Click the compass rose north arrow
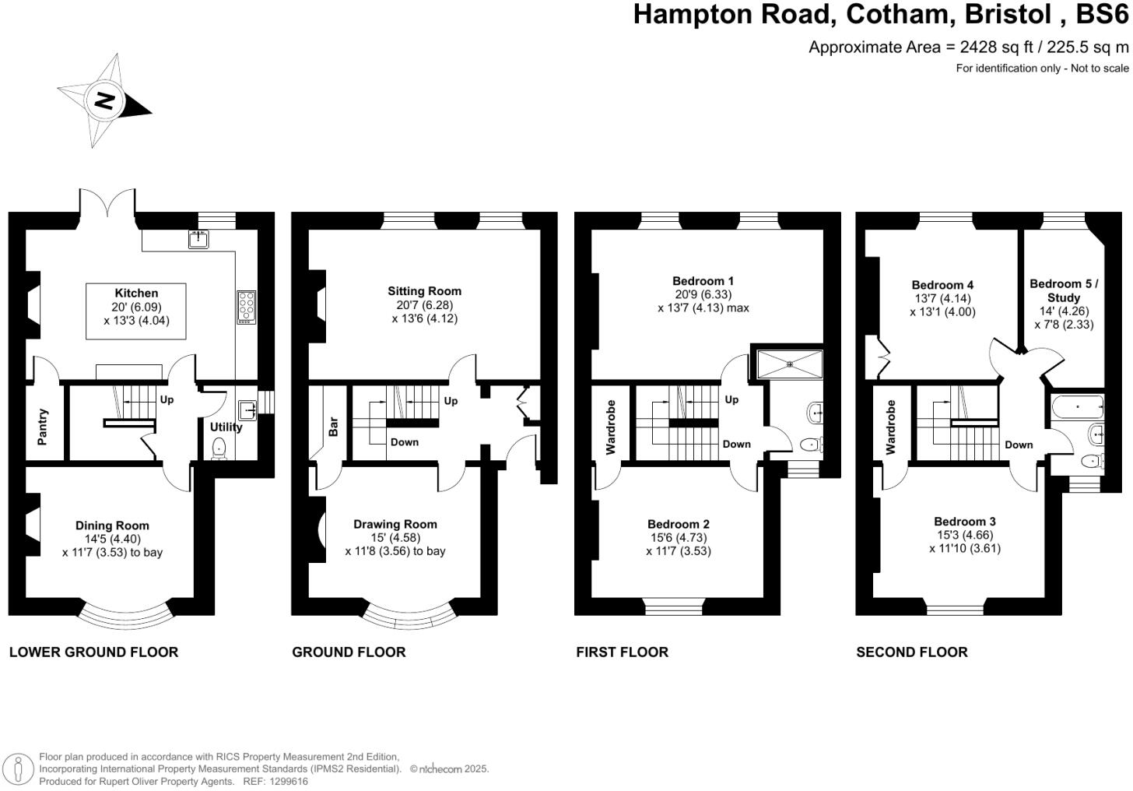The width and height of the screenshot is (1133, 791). pos(105,100)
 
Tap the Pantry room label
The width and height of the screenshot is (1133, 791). pos(43,427)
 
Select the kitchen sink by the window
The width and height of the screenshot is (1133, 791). pos(198,239)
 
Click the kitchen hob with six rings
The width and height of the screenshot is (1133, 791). pos(247,306)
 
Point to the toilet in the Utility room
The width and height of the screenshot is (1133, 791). pos(219,448)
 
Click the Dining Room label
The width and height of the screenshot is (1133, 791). pos(112,526)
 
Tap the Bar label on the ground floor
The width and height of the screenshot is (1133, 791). pos(333,427)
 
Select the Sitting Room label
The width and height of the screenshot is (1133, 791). pos(425,291)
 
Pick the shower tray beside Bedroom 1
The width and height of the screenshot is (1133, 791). pos(790,362)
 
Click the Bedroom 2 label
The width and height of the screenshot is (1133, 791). pos(679,524)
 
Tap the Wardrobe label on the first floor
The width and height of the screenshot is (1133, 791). pos(611,427)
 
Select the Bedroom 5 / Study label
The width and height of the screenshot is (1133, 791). pos(1064,290)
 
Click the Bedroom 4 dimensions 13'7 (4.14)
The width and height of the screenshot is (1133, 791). pos(942,298)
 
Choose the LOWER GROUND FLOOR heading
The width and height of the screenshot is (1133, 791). pos(93,652)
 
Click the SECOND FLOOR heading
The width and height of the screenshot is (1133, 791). pos(912,652)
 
